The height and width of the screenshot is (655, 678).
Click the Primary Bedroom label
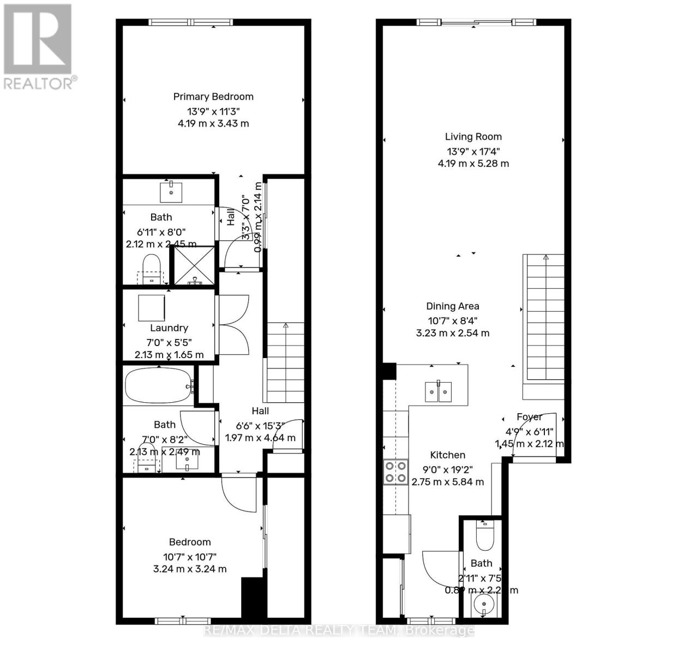tap(213, 97)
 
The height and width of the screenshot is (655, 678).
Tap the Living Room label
tap(473, 136)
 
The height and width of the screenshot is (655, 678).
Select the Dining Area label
tap(453, 306)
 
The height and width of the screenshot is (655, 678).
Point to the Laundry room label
tap(169, 328)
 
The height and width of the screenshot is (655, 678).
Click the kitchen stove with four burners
tap(395, 472)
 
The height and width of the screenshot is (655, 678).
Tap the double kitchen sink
tap(439, 391)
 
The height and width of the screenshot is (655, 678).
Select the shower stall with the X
tap(194, 265)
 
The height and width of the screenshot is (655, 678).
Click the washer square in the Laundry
tap(151, 308)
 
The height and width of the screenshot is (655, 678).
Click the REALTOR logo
tap(38, 46)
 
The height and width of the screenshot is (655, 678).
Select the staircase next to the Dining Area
tap(543, 319)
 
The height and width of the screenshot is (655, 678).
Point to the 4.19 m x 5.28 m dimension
tap(473, 163)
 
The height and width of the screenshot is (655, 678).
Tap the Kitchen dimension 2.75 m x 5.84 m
tap(447, 482)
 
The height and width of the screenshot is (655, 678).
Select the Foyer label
tap(529, 417)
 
